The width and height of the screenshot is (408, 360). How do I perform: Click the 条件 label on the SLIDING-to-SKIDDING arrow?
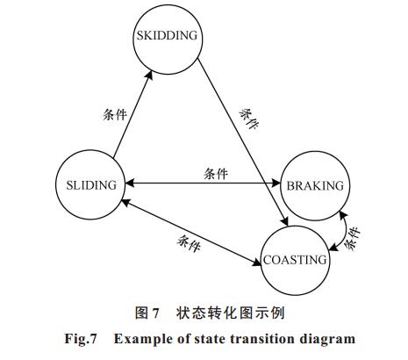pyautogui.click(x=115, y=114)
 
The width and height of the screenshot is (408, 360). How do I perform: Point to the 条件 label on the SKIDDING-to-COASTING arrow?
pyautogui.click(x=249, y=119)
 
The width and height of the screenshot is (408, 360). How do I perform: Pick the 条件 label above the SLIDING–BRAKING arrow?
pyautogui.click(x=216, y=174)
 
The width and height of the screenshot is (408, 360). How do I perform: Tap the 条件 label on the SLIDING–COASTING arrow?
pyautogui.click(x=189, y=243)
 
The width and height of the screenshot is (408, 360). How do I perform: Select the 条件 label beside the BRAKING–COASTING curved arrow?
pyautogui.click(x=352, y=238)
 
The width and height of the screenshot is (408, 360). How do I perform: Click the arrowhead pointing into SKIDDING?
pyautogui.click(x=149, y=75)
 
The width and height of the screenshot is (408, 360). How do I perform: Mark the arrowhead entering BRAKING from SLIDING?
pyautogui.click(x=276, y=184)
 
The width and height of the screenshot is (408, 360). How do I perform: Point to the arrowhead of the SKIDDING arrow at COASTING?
pyautogui.click(x=284, y=222)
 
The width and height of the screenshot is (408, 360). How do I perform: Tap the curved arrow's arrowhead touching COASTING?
pyautogui.click(x=333, y=248)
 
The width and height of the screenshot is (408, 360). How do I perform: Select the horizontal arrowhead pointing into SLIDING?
pyautogui.click(x=130, y=184)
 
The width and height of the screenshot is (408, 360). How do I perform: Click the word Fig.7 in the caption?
pyautogui.click(x=81, y=339)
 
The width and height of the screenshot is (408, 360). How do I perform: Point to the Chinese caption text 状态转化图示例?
pyautogui.click(x=231, y=313)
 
